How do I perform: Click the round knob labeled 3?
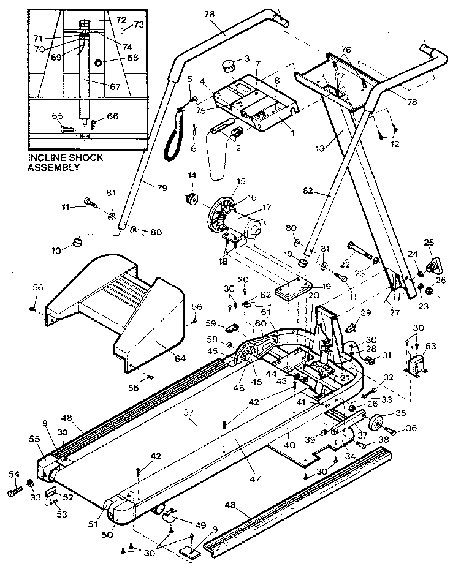coord(230,64)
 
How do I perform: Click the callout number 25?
coord(429,244)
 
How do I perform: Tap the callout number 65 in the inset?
coord(58,115)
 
